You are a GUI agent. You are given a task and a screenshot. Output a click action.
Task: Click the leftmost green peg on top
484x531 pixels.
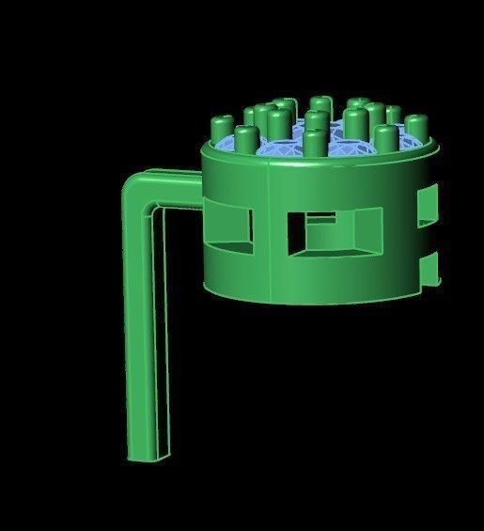point(223,126)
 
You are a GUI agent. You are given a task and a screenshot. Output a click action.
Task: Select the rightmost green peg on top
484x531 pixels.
point(415,127)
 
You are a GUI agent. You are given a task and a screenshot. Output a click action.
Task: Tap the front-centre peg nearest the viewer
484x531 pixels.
point(313,144)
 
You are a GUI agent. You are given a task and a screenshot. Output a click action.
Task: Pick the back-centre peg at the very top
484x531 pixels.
point(320,104)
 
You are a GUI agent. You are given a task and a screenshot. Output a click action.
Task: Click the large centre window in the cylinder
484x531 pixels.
point(334,232)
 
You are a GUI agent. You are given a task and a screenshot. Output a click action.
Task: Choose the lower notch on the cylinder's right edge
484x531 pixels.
point(432,267)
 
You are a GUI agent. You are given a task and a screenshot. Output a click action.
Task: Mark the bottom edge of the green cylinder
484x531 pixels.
point(310,299)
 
